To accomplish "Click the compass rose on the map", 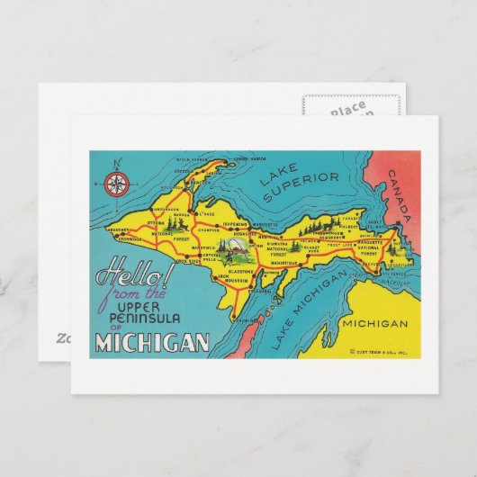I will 115,184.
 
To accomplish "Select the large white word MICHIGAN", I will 152,342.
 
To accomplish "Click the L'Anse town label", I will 208,213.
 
